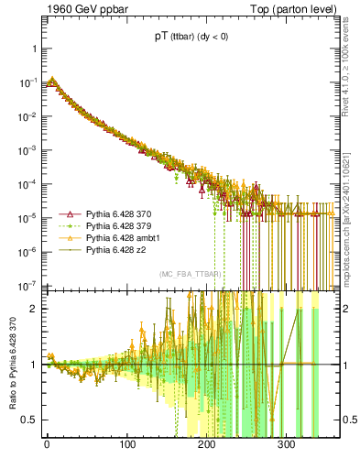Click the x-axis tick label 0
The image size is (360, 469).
[x=47, y=445]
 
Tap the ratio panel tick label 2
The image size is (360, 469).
[x=32, y=309]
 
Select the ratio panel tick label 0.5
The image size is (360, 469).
[x=28, y=420]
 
